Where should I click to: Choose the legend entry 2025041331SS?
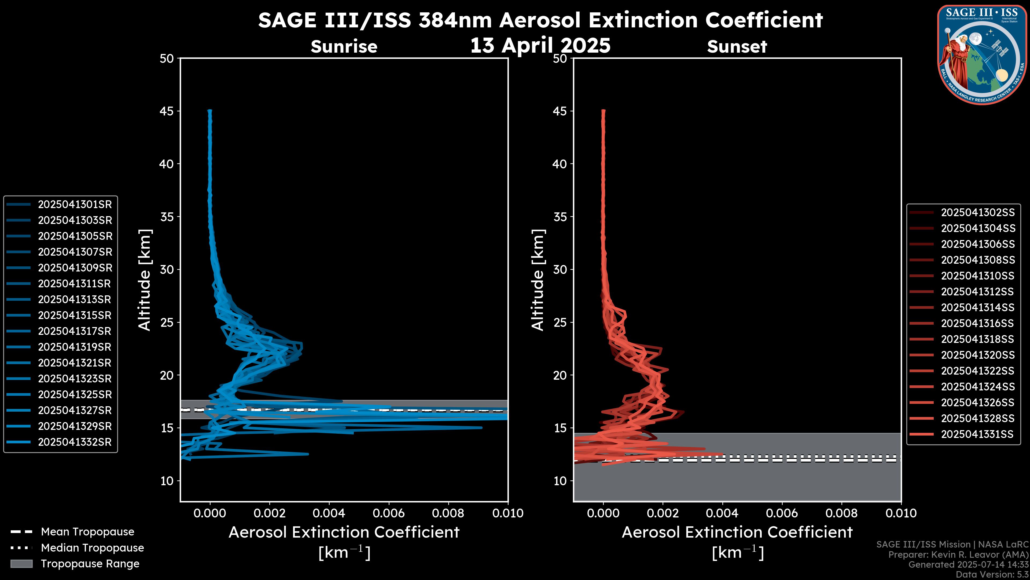click(x=977, y=434)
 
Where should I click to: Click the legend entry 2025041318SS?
click(x=977, y=339)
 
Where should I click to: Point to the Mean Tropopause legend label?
click(x=87, y=532)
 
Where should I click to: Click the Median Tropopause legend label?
click(x=92, y=548)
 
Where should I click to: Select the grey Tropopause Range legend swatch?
click(x=21, y=564)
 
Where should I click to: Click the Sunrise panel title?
click(x=344, y=47)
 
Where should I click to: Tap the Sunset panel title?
click(x=737, y=47)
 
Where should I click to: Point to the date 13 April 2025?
click(x=540, y=45)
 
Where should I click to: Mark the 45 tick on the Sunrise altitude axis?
click(x=167, y=111)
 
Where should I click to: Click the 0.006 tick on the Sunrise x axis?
click(x=389, y=513)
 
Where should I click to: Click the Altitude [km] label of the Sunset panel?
click(x=538, y=280)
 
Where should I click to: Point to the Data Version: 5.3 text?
click(x=992, y=574)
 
